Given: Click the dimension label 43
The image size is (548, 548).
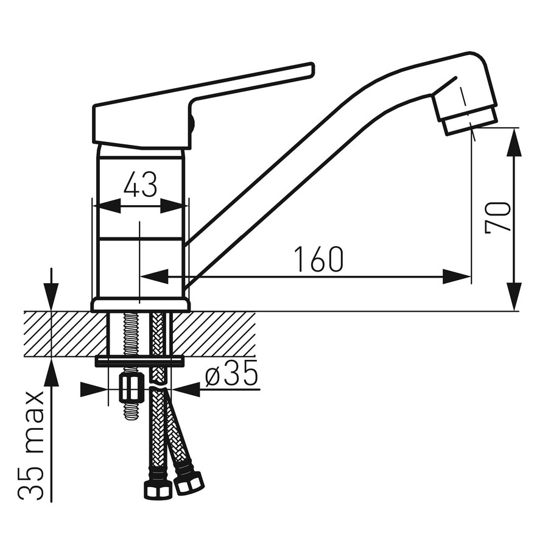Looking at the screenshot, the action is [x=140, y=184].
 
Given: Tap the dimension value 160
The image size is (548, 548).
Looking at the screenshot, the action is [x=319, y=259].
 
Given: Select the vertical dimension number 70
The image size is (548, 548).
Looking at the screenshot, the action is [x=497, y=217].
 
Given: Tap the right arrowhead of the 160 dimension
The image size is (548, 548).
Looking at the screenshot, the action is [x=457, y=277].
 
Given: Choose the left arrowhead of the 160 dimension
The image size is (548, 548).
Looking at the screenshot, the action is [x=154, y=277].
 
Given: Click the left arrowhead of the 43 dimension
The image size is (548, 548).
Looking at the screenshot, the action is [x=108, y=206].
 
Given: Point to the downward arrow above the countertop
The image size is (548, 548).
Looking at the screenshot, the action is [x=51, y=289].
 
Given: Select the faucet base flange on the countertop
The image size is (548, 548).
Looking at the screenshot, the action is [x=141, y=304].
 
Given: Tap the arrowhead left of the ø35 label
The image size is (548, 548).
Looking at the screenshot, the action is [x=94, y=389].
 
